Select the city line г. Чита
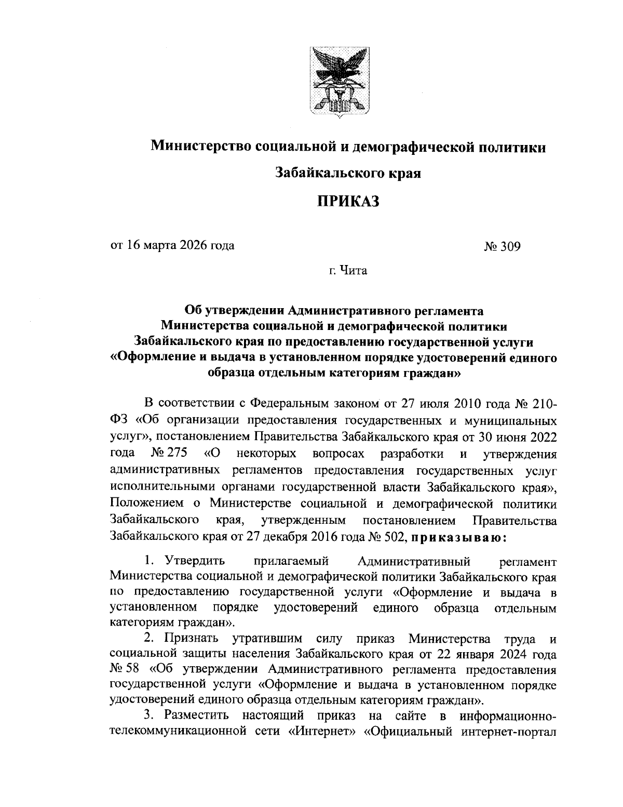point(347,270)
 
